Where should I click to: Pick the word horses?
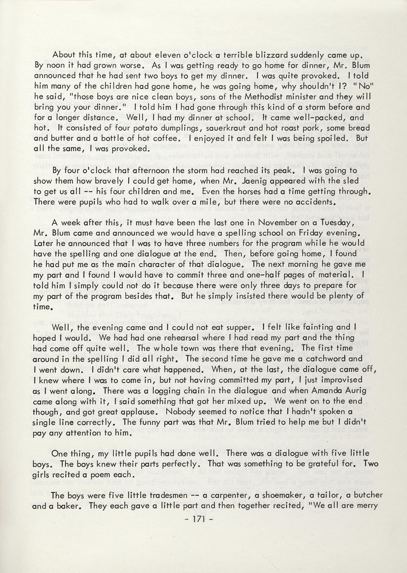pyautogui.click(x=236, y=191)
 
